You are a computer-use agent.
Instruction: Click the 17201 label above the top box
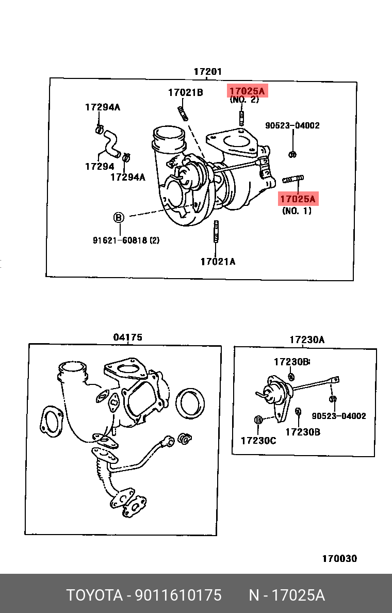pyautogui.click(x=207, y=72)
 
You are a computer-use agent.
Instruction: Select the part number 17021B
pyautogui.click(x=185, y=93)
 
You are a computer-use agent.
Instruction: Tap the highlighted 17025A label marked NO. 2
pyautogui.click(x=247, y=92)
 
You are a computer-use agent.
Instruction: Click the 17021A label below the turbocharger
pyautogui.click(x=218, y=262)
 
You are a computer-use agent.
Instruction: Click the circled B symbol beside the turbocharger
pyautogui.click(x=119, y=218)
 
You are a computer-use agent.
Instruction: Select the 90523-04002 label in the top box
pyautogui.click(x=292, y=125)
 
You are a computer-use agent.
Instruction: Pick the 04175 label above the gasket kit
pyautogui.click(x=127, y=337)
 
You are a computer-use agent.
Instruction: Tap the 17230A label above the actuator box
pyautogui.click(x=307, y=340)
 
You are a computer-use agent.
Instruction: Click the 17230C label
pyautogui.click(x=258, y=440)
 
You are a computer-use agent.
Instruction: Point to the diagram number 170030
pyautogui.click(x=339, y=559)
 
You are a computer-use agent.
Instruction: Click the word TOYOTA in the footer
pyautogui.click(x=93, y=595)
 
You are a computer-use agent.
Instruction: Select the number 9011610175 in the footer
pyautogui.click(x=178, y=595)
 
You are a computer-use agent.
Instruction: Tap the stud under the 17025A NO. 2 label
pyautogui.click(x=241, y=118)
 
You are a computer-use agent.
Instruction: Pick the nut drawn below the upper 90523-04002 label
pyautogui.click(x=292, y=153)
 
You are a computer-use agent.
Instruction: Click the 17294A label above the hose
pyautogui.click(x=102, y=107)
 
